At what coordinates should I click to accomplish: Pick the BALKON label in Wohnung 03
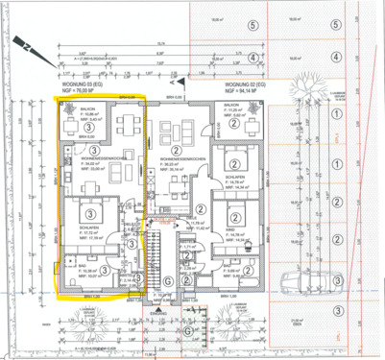pos(84,109)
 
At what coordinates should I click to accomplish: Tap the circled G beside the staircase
pos(167,279)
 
